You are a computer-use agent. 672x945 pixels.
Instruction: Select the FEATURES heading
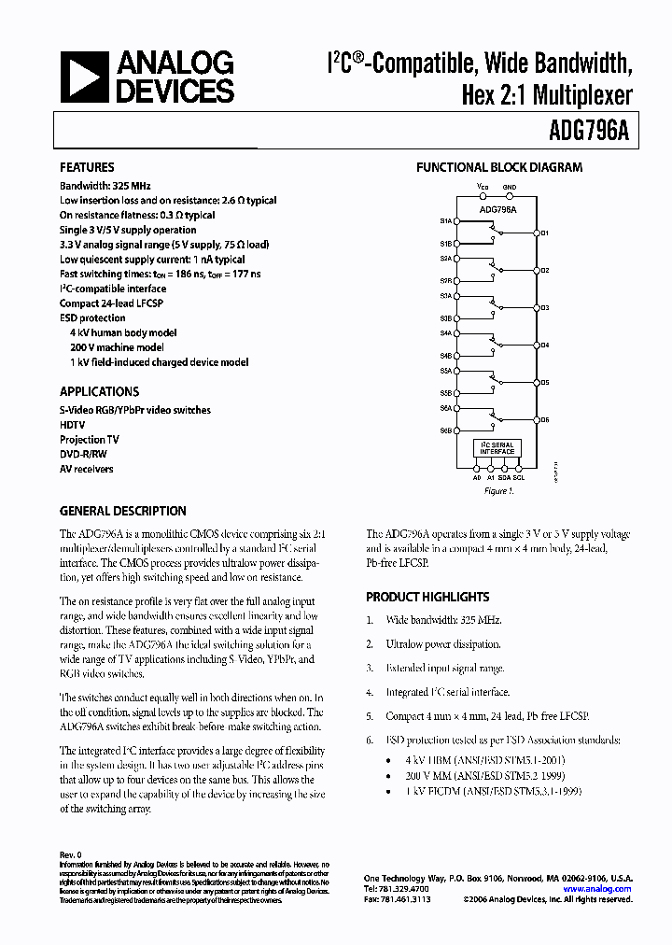click(87, 168)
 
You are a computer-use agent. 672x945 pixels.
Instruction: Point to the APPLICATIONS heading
click(99, 392)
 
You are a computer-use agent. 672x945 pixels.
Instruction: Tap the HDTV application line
click(75, 425)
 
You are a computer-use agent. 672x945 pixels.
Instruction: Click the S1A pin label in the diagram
click(446, 221)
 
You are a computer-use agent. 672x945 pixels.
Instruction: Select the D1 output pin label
click(544, 233)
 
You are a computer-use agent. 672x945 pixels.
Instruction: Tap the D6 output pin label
click(544, 420)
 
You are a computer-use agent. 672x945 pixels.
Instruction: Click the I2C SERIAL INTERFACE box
click(497, 447)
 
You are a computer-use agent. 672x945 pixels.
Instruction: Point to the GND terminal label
click(509, 188)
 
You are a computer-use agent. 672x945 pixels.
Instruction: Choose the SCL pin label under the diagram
click(519, 477)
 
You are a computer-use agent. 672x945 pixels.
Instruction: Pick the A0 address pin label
click(476, 477)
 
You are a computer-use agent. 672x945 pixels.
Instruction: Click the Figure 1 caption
click(497, 490)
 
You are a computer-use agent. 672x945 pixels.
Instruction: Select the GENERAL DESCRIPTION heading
click(122, 512)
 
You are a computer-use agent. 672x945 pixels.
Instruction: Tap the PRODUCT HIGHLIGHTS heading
click(427, 597)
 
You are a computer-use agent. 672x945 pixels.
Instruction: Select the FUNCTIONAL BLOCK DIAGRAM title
click(498, 168)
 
